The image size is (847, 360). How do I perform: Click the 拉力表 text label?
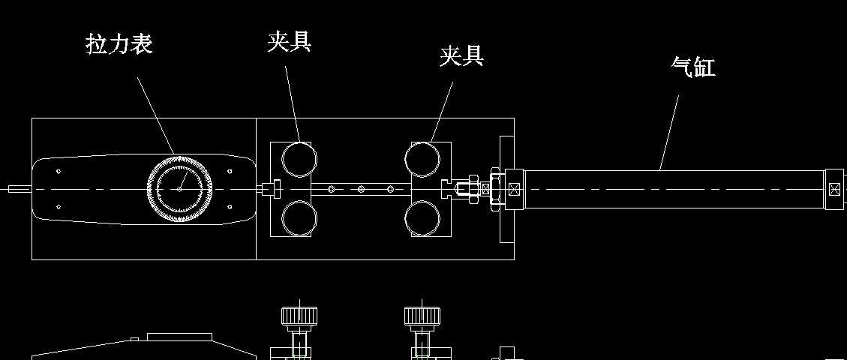119,44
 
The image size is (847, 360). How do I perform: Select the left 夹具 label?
290,41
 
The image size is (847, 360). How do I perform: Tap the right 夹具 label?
461,55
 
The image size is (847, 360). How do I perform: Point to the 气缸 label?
692,67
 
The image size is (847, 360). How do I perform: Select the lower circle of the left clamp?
299,219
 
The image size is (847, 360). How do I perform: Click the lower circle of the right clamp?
422,219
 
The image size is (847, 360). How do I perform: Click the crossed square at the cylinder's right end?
834,189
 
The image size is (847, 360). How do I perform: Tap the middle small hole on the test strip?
361,189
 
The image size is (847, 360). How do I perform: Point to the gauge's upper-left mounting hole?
59,172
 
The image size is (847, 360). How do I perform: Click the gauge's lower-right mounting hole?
229,206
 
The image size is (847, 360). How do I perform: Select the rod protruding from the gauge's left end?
17,189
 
